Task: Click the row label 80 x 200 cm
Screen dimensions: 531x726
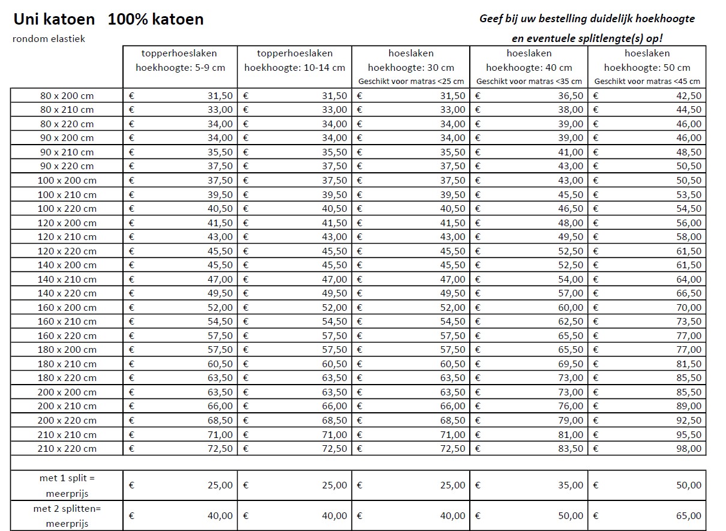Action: (67, 95)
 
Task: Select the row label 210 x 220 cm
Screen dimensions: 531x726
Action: (67, 448)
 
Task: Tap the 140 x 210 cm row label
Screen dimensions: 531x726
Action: (67, 279)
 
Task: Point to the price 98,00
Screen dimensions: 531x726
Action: (689, 448)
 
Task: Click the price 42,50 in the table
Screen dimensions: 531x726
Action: (689, 95)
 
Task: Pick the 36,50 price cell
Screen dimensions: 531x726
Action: (571, 95)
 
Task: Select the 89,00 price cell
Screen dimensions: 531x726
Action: (689, 406)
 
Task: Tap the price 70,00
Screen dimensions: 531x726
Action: (689, 307)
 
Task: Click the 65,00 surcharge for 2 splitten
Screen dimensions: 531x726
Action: (689, 515)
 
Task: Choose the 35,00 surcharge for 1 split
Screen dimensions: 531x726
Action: (571, 485)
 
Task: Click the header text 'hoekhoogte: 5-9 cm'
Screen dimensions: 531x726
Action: (181, 68)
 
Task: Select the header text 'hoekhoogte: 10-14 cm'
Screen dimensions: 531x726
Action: (295, 68)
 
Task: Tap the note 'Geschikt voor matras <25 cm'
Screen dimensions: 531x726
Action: (411, 82)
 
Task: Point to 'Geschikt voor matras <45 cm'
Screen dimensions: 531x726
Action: (647, 82)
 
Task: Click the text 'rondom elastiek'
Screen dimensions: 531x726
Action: (49, 39)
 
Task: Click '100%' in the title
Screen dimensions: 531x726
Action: (123, 19)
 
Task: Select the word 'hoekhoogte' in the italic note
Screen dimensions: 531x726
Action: (664, 19)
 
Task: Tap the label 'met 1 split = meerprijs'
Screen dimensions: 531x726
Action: (67, 485)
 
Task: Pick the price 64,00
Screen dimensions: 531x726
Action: (689, 279)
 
